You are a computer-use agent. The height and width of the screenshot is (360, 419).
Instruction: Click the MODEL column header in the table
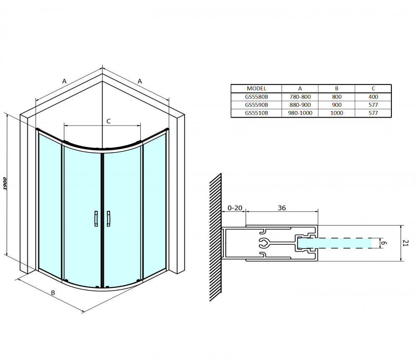(256, 88)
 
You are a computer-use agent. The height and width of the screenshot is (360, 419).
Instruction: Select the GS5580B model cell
(256, 97)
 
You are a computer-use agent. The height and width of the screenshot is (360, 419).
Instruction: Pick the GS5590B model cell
(256, 105)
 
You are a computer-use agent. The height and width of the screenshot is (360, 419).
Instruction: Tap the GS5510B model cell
(256, 113)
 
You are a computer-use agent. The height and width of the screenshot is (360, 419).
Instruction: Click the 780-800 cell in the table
(300, 97)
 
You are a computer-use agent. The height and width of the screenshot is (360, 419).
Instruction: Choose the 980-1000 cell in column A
(300, 113)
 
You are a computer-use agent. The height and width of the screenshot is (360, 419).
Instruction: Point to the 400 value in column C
(373, 97)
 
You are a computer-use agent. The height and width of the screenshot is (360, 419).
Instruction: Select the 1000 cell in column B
(336, 113)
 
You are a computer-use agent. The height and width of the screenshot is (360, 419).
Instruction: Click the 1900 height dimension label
(5, 183)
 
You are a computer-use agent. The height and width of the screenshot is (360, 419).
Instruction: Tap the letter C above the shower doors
(109, 121)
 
